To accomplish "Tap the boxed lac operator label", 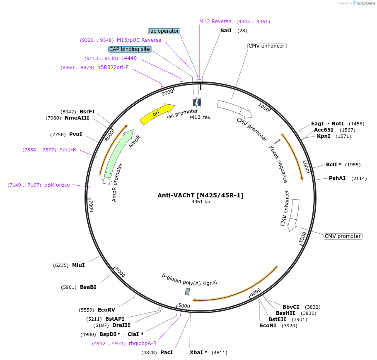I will [x=164, y=31].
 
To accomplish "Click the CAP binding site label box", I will [x=130, y=49].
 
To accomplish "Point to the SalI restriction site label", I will [x=226, y=31].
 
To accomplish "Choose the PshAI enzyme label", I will [x=337, y=178].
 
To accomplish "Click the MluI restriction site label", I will [x=78, y=265].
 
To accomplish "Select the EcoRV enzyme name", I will [x=106, y=310].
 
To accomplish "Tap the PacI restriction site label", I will [x=167, y=353].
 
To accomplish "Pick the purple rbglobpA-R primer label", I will [x=143, y=343].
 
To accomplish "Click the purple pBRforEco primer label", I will [x=57, y=185].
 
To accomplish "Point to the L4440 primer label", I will [x=129, y=58].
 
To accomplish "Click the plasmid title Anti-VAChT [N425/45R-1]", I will [x=201, y=195].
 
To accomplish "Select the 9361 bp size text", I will [x=201, y=202].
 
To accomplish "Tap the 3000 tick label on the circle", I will [x=303, y=238].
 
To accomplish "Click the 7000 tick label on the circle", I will [x=91, y=205].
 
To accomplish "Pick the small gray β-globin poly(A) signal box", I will [x=187, y=292].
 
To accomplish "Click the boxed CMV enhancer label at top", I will [x=266, y=46].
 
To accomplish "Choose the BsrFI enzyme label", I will [x=87, y=112].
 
